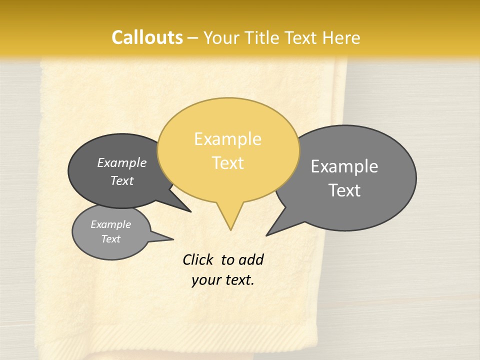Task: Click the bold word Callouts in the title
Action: [147, 37]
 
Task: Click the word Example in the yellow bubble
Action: [227, 139]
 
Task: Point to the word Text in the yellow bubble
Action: [227, 162]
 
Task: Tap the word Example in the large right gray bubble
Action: [344, 166]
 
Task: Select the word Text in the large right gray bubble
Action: [344, 190]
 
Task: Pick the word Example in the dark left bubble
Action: [122, 163]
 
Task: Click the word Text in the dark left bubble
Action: [122, 180]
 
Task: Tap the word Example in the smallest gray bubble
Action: [110, 224]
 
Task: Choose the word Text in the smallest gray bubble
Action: [110, 239]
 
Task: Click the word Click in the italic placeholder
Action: [198, 259]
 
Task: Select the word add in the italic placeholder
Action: [251, 260]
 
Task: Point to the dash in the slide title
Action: [193, 38]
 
